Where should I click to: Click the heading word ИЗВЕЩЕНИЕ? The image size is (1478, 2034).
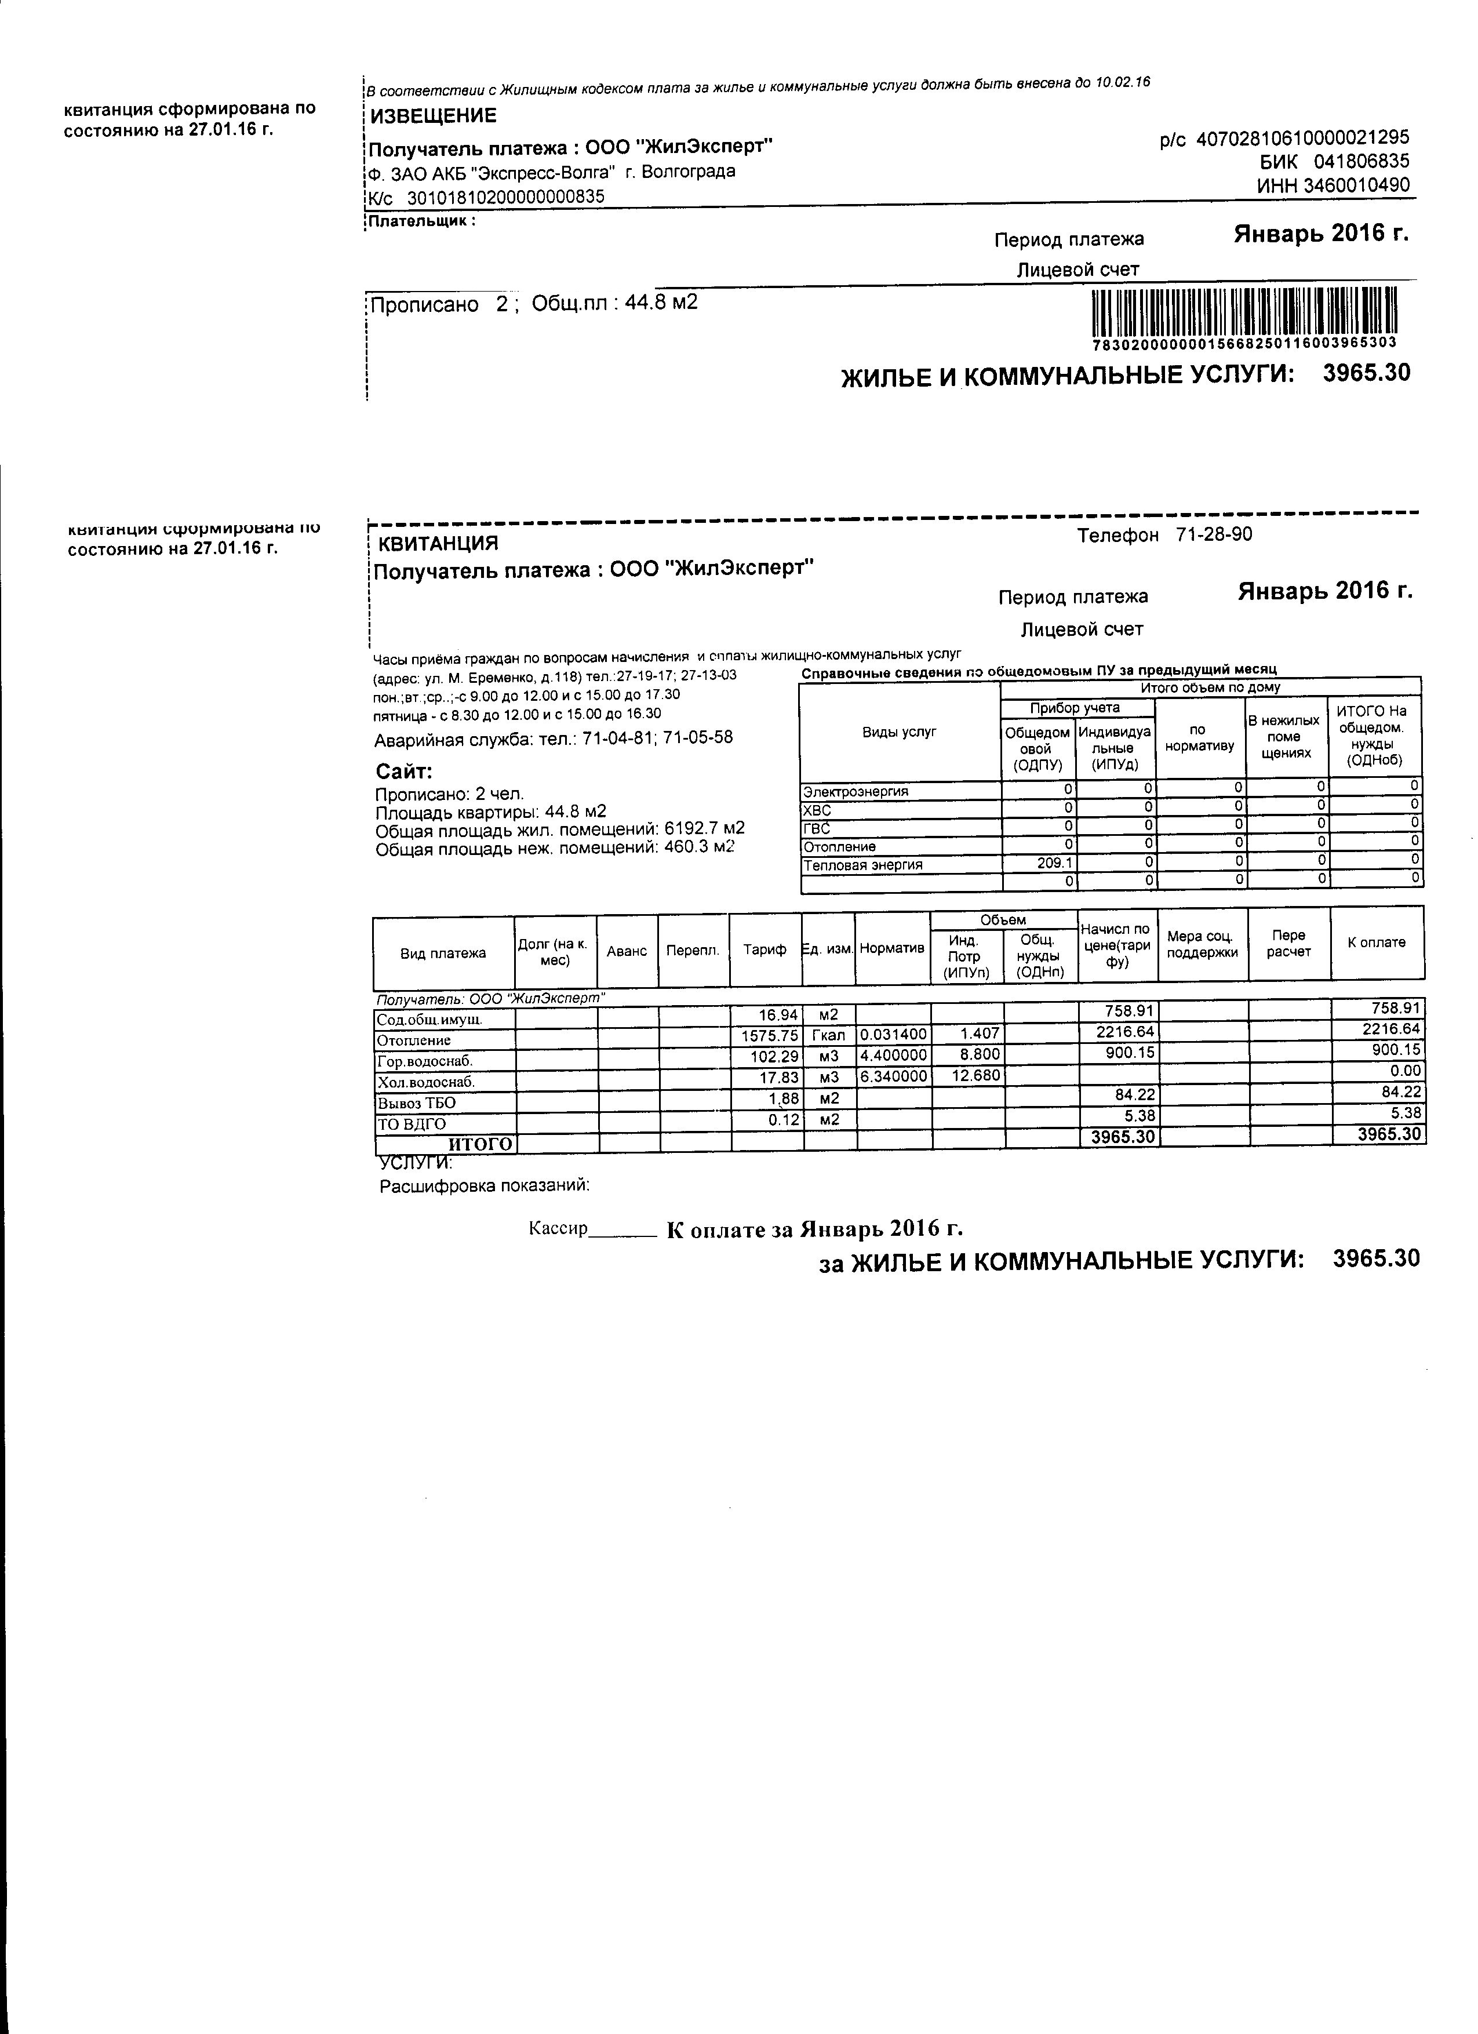tap(433, 116)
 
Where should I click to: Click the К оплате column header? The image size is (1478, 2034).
tap(1377, 943)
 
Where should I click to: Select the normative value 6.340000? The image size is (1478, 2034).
tap(893, 1075)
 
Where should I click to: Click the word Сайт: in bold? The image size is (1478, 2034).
tap(403, 772)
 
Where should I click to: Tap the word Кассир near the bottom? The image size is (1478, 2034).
tap(557, 1229)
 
